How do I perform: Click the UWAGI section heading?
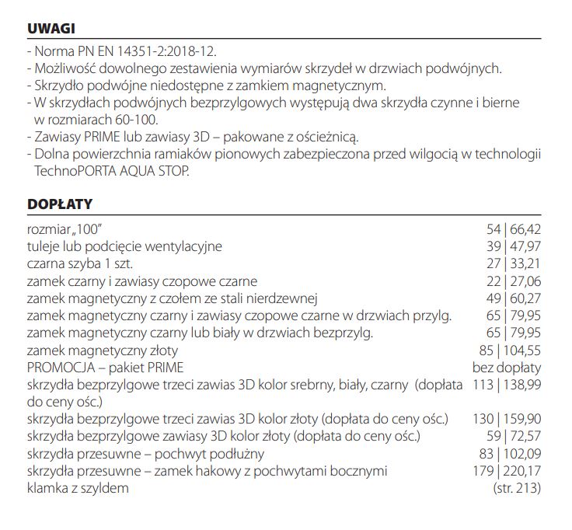click(x=51, y=29)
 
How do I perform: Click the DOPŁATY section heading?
click(x=60, y=204)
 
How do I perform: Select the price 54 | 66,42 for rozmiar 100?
click(x=513, y=229)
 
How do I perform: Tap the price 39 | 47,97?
click(x=513, y=246)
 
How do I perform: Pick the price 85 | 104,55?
click(x=510, y=350)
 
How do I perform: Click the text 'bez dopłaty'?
click(x=507, y=368)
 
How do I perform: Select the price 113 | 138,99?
click(x=507, y=385)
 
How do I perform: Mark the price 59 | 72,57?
click(x=513, y=436)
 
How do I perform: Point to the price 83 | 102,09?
click(x=510, y=453)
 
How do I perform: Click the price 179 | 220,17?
click(x=507, y=471)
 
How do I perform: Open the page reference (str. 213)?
click(x=517, y=488)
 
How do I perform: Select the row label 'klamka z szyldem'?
click(x=78, y=488)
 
